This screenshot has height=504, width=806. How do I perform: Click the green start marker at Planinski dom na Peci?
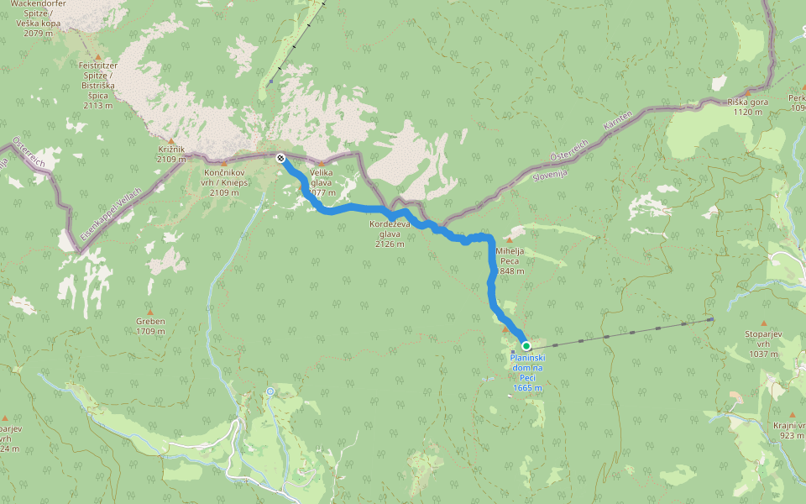[x=526, y=345]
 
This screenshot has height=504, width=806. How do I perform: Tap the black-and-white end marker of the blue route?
[x=280, y=157]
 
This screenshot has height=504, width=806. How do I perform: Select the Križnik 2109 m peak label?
[x=170, y=154]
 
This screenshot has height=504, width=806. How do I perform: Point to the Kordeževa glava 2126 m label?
[x=390, y=234]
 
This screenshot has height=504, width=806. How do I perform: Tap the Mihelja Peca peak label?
[x=510, y=260]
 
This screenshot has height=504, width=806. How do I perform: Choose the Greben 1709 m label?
[x=150, y=326]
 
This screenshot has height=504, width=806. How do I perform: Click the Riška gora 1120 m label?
[x=748, y=107]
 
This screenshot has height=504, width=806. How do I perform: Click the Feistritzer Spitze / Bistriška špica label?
[x=97, y=85]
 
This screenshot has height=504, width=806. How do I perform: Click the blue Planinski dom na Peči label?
[x=527, y=373]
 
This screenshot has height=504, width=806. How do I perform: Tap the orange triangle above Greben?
[x=150, y=311]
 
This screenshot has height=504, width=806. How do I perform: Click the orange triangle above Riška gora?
[x=747, y=92]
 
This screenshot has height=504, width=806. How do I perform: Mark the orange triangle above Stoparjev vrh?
[x=763, y=323]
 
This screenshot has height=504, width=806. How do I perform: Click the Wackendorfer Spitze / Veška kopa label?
[x=39, y=18]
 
